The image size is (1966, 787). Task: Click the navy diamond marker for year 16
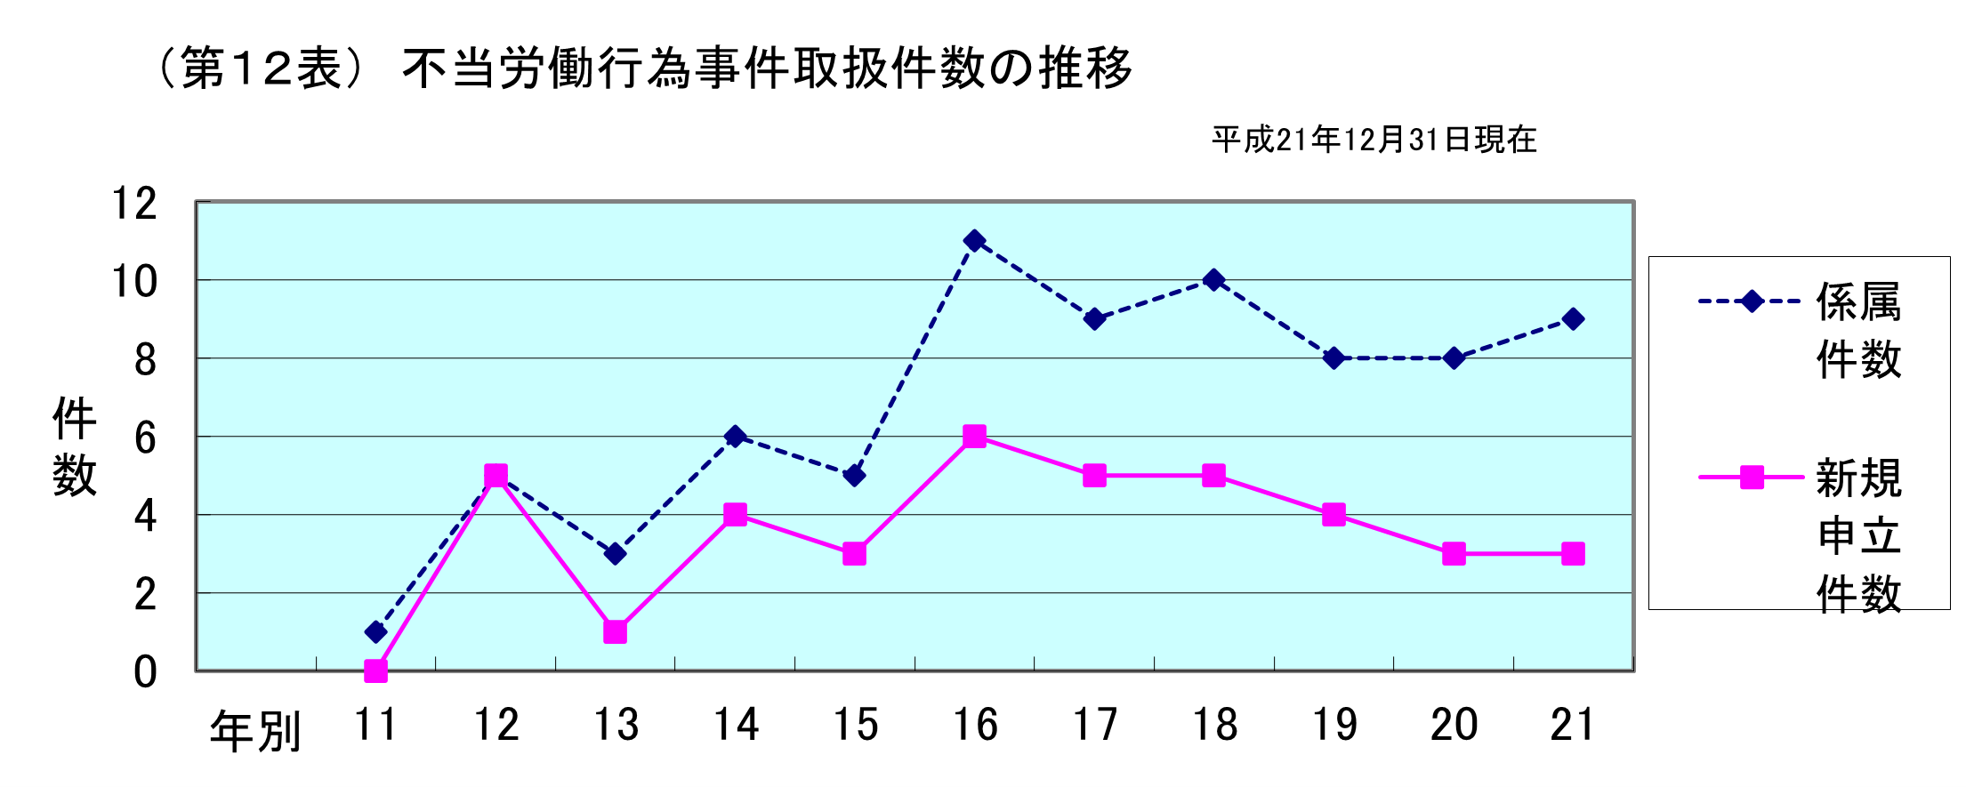pyautogui.click(x=974, y=241)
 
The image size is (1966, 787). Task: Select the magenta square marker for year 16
pyautogui.click(x=974, y=437)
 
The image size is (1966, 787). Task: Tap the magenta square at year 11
pyautogui.click(x=375, y=671)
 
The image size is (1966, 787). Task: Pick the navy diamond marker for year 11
pyautogui.click(x=375, y=632)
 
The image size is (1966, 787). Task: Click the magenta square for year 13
pyautogui.click(x=615, y=632)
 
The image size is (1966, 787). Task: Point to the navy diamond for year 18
pyautogui.click(x=1213, y=280)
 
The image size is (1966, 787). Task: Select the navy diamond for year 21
pyautogui.click(x=1573, y=319)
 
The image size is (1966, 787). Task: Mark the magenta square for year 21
pyautogui.click(x=1573, y=554)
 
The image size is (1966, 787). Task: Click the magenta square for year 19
pyautogui.click(x=1333, y=515)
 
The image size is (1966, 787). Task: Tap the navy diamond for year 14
pyautogui.click(x=735, y=437)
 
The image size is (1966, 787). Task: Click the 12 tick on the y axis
pyautogui.click(x=134, y=204)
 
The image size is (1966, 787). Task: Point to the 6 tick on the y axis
pyautogui.click(x=145, y=438)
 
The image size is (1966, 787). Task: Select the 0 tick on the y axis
pyautogui.click(x=145, y=672)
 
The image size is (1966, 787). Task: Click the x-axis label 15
pyautogui.click(x=855, y=725)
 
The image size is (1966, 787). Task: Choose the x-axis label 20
pyautogui.click(x=1454, y=725)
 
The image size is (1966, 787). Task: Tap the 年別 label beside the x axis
pyautogui.click(x=255, y=732)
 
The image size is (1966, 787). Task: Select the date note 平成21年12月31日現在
pyautogui.click(x=1374, y=140)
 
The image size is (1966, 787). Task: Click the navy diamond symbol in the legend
pyautogui.click(x=1752, y=301)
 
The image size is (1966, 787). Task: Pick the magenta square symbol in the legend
pyautogui.click(x=1752, y=478)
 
